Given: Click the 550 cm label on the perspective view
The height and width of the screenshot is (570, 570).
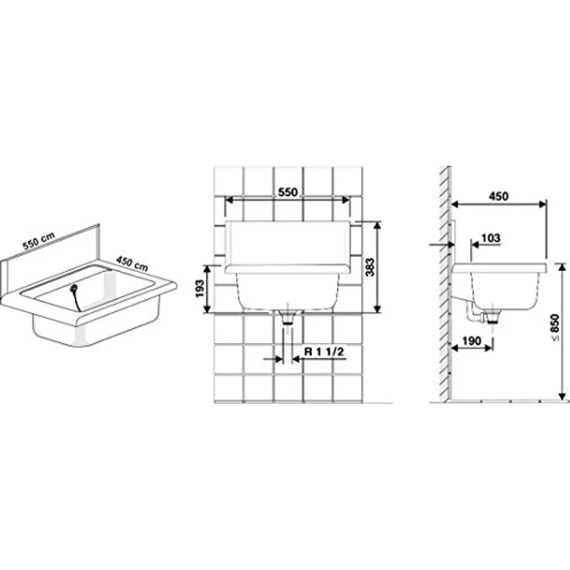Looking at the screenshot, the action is tap(39, 240).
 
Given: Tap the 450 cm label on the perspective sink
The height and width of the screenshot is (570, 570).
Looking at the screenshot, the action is tap(132, 263).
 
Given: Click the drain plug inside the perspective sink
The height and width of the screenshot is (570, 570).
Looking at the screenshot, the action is tap(74, 288).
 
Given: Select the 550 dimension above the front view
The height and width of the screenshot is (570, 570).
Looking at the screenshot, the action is tap(287, 192).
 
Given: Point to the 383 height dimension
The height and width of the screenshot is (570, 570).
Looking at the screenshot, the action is tap(369, 267).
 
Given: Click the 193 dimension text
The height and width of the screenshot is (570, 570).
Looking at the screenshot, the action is tap(200, 288).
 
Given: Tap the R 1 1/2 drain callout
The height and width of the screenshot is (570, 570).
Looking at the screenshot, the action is tap(324, 352).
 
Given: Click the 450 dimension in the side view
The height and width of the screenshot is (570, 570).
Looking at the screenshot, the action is tap(499, 196).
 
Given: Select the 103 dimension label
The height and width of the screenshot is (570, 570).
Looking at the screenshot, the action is tap(490, 238).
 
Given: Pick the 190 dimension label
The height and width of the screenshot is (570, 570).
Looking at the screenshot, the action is tap(472, 341).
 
